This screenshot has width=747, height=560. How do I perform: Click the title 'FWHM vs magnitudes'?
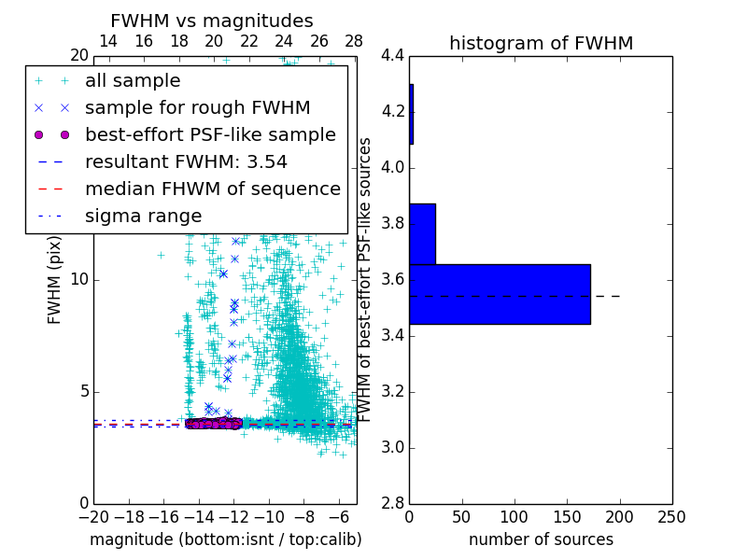(x=212, y=21)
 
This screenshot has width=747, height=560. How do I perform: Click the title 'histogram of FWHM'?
(x=541, y=43)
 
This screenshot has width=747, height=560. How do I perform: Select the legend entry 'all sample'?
(x=133, y=81)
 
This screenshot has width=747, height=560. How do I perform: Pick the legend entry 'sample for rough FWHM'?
(x=197, y=107)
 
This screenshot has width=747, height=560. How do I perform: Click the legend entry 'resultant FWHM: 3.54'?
(x=186, y=161)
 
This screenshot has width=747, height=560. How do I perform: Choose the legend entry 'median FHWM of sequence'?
(x=212, y=189)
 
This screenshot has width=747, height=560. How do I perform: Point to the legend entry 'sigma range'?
(x=143, y=216)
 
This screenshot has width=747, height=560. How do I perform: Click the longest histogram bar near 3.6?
(x=500, y=294)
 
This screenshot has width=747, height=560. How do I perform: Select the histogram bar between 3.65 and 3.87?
(x=422, y=233)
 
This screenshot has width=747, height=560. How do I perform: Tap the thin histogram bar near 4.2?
(x=411, y=114)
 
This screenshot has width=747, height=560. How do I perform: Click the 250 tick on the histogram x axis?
(x=671, y=516)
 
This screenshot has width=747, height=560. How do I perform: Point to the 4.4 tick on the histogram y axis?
(x=392, y=56)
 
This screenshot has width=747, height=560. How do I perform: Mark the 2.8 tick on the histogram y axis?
(x=392, y=503)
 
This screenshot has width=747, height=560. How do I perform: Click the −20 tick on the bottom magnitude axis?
(x=93, y=516)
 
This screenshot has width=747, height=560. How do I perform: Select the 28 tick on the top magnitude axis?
(x=354, y=41)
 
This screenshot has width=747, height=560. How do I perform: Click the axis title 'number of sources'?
(x=541, y=539)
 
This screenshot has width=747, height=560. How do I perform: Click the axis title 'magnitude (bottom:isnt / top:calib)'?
(x=225, y=539)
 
